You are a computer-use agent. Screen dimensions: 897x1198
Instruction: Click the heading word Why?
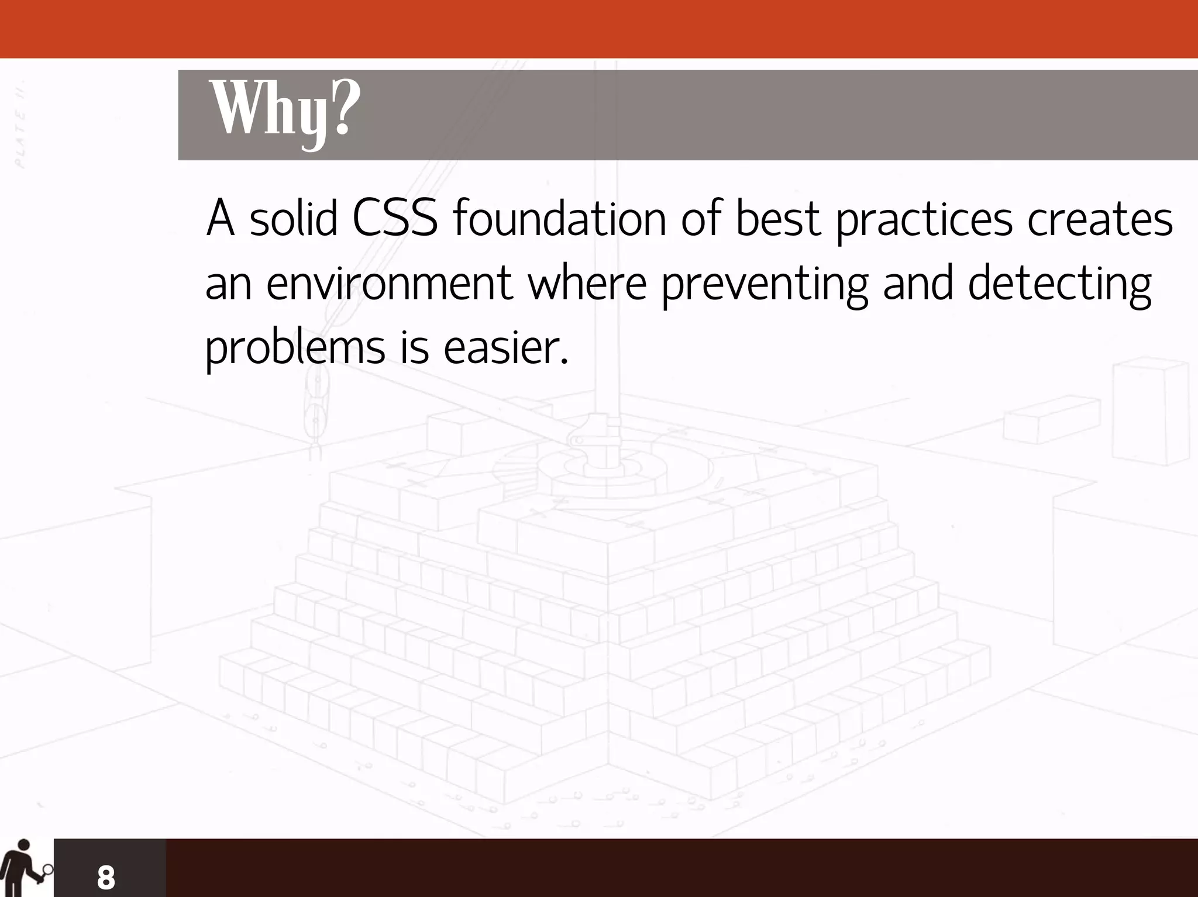pos(284,111)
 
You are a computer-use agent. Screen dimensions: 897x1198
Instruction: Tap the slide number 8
pos(106,877)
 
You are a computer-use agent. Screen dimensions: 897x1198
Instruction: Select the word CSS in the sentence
pos(395,219)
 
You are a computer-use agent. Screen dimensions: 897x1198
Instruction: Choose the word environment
pos(390,283)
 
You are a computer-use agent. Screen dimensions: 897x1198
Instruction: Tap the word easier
pos(505,347)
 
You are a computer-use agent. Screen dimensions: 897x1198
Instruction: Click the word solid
pos(294,219)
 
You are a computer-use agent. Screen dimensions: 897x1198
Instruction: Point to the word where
pos(587,283)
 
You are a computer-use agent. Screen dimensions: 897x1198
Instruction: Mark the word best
pos(777,219)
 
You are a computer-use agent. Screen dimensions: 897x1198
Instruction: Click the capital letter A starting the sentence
pos(220,219)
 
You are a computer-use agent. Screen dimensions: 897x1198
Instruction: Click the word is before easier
pos(415,347)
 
